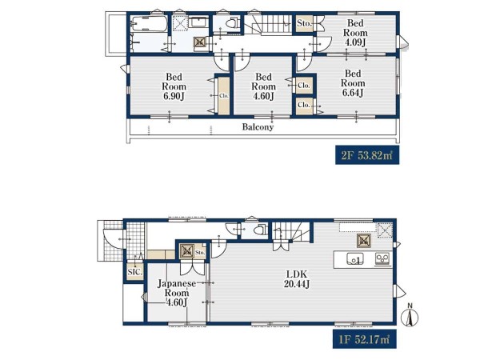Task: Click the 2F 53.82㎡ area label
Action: [367, 155]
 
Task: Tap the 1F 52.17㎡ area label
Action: [364, 339]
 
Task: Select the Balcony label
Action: [258, 126]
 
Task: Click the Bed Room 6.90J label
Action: [174, 86]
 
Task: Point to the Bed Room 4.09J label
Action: [355, 33]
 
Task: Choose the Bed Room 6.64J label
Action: [353, 83]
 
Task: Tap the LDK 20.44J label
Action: [297, 279]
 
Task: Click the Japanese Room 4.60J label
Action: [177, 293]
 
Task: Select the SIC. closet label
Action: [134, 272]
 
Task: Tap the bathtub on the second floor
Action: [149, 23]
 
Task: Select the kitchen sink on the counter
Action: [355, 259]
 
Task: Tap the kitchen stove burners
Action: [382, 258]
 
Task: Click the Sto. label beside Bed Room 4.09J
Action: [304, 23]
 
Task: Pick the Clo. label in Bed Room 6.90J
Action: [224, 95]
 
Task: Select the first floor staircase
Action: [291, 231]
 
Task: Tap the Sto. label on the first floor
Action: [200, 253]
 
